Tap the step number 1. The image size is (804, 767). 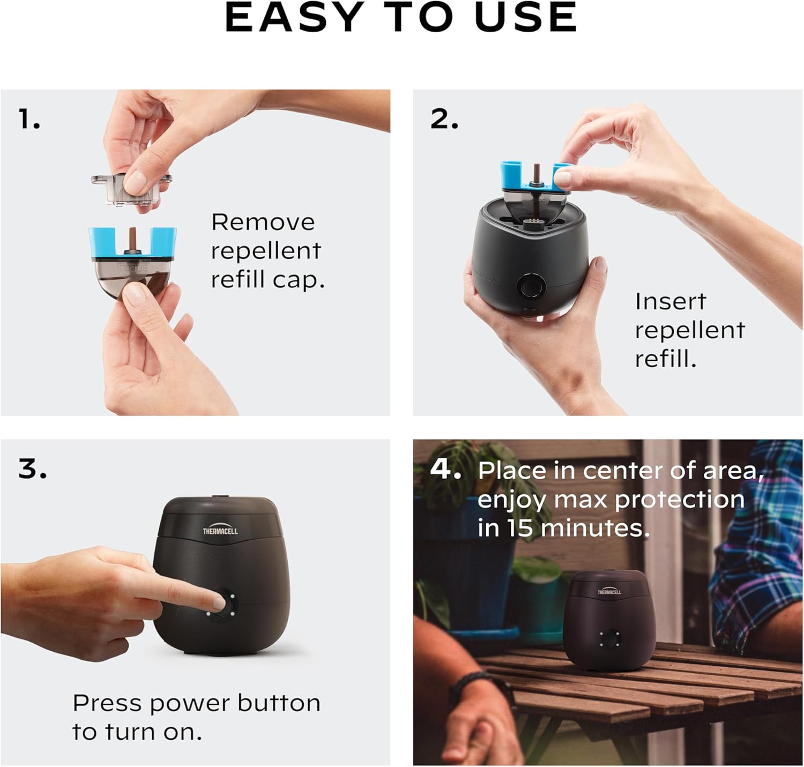[29, 119]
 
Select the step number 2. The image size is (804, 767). [444, 119]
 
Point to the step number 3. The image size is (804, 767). [32, 469]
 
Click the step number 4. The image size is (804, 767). [445, 470]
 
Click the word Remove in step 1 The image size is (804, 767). [263, 222]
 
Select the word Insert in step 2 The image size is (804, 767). [670, 301]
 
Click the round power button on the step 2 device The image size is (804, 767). [531, 287]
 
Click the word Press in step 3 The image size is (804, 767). [108, 703]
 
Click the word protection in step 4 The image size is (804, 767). [679, 500]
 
